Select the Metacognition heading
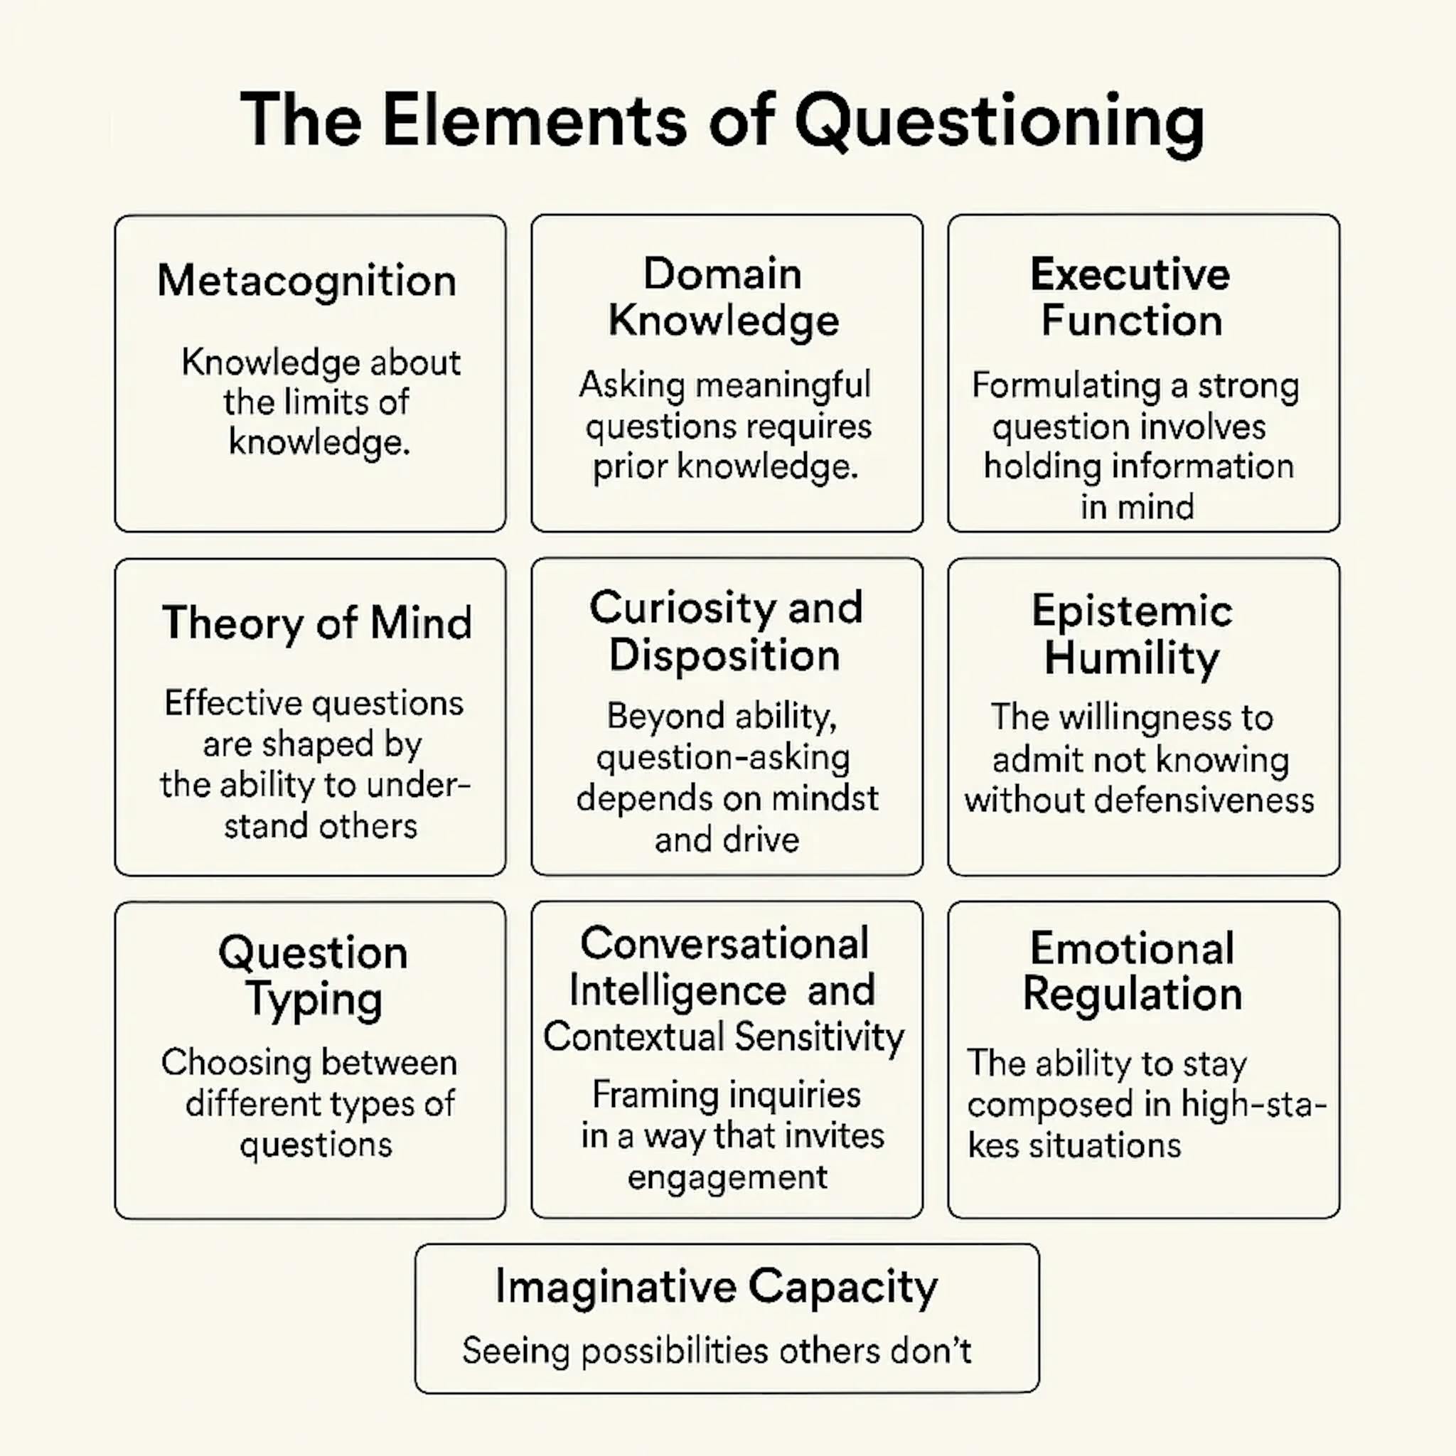click(x=306, y=281)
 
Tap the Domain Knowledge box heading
click(x=724, y=297)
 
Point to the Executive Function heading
click(x=1130, y=297)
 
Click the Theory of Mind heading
click(x=316, y=623)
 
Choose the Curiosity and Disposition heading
click(x=725, y=631)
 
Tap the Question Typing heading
click(x=314, y=976)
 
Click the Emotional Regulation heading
click(x=1132, y=971)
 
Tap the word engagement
click(x=727, y=1177)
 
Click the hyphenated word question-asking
click(x=723, y=757)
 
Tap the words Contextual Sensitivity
click(x=724, y=1037)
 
